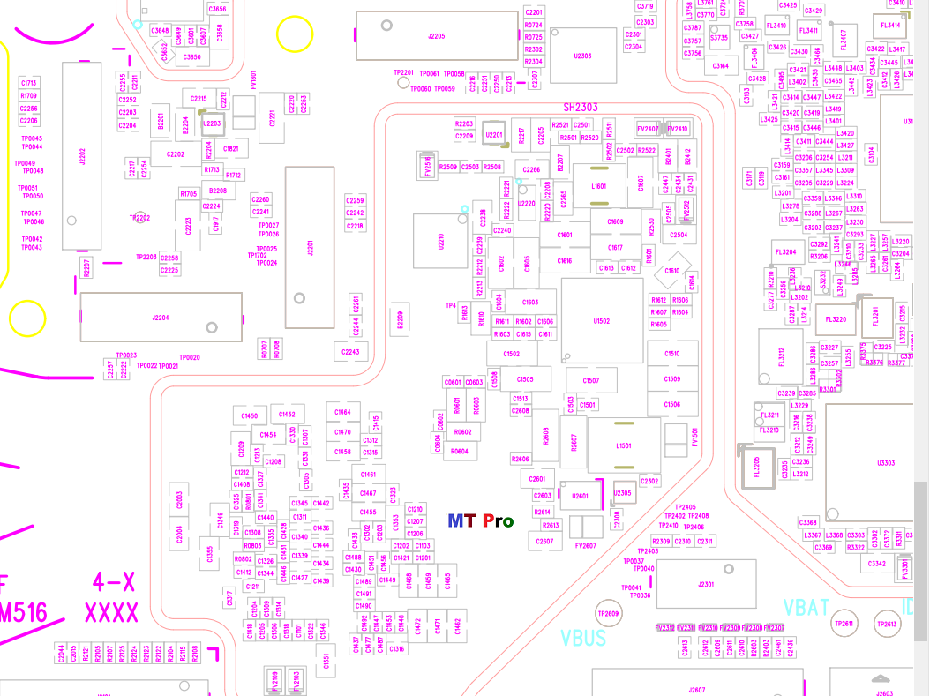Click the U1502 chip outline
(602, 321)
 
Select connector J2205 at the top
(436, 36)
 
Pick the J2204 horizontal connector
(161, 318)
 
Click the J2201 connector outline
(310, 247)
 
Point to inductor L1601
(599, 187)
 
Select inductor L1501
(624, 446)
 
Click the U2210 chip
(441, 242)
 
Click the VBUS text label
(583, 637)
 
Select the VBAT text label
(806, 608)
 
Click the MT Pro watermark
(480, 520)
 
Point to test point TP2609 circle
(609, 614)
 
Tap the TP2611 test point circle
(844, 625)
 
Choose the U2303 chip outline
(582, 56)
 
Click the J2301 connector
(705, 584)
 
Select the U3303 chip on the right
(886, 463)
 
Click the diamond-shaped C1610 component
(672, 272)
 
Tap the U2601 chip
(580, 496)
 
